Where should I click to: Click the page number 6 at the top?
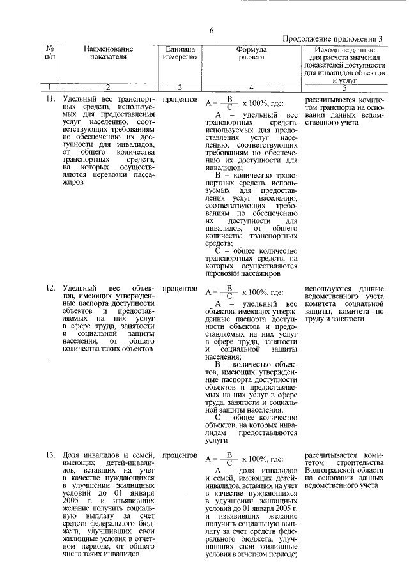[x=211, y=29]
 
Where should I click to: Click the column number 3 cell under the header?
[x=180, y=87]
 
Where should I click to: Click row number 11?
[x=50, y=100]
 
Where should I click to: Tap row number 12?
[x=50, y=289]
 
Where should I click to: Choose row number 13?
[x=50, y=455]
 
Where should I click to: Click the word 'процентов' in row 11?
[x=180, y=100]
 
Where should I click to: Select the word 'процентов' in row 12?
[x=180, y=289]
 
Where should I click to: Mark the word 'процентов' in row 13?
[x=180, y=455]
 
